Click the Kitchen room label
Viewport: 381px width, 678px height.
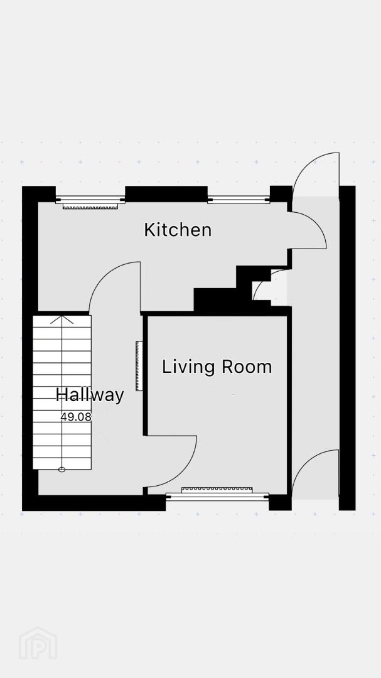pyautogui.click(x=178, y=230)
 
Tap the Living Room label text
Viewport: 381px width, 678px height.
pyautogui.click(x=217, y=367)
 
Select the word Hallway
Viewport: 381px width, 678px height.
pyautogui.click(x=90, y=395)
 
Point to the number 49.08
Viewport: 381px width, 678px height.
pyautogui.click(x=76, y=417)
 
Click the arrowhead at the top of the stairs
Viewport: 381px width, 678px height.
pyautogui.click(x=62, y=319)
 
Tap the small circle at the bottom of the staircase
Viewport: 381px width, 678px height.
pyautogui.click(x=62, y=470)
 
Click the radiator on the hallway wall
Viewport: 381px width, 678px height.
pyautogui.click(x=139, y=366)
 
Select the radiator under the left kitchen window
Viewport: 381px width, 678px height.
pyautogui.click(x=91, y=207)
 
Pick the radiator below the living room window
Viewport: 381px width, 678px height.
pyautogui.click(x=217, y=490)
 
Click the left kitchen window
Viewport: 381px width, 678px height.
pyautogui.click(x=90, y=200)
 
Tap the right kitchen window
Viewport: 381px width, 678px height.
pyautogui.click(x=239, y=200)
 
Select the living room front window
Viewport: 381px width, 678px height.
pyautogui.click(x=218, y=497)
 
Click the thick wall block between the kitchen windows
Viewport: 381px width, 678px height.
pyautogui.click(x=166, y=194)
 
